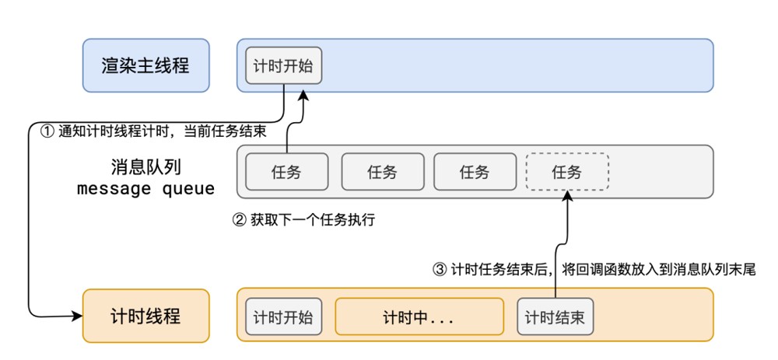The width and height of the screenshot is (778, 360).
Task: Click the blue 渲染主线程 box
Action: [x=145, y=65]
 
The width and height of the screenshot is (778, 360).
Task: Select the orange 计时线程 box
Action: [x=145, y=316]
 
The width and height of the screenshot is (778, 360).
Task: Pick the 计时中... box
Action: [x=419, y=317]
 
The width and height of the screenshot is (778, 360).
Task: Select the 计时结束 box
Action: [x=555, y=317]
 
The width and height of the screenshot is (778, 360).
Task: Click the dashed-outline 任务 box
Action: [x=567, y=172]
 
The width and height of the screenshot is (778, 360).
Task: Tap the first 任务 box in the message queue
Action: [x=286, y=172]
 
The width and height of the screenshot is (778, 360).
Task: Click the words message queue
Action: [x=145, y=188]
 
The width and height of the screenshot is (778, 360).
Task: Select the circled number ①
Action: [x=46, y=131]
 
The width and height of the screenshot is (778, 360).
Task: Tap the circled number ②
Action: [x=240, y=220]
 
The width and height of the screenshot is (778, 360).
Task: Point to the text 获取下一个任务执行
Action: [x=312, y=220]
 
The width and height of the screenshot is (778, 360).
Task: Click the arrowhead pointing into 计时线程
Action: [x=77, y=316]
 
